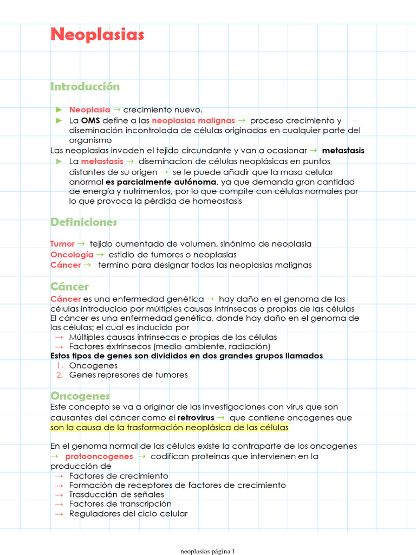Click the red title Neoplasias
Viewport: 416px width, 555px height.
point(97,35)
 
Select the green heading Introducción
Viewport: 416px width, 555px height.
point(85,87)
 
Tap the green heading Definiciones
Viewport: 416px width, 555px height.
point(83,222)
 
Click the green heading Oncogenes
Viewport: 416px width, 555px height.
point(80,396)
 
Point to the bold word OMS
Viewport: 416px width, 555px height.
point(90,120)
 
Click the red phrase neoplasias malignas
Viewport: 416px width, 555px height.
point(193,120)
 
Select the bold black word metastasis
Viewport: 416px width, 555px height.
point(343,150)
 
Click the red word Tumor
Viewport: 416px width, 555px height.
point(62,244)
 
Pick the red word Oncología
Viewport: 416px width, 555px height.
point(71,254)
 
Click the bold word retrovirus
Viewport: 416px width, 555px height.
point(196,418)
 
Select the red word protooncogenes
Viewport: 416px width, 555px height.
point(99,456)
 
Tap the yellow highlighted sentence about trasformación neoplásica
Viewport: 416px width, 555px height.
point(170,428)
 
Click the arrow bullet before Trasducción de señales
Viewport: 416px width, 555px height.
point(59,495)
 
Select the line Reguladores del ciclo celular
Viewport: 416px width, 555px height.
point(128,514)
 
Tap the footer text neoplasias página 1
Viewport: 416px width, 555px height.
point(207,551)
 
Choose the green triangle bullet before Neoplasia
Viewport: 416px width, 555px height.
point(60,110)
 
